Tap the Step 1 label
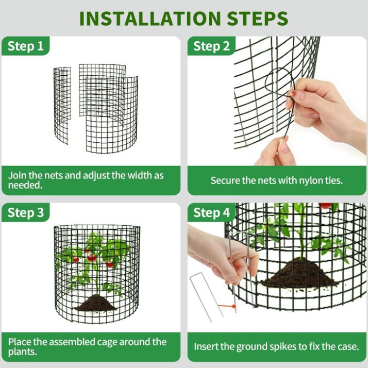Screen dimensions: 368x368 click(x=26, y=46)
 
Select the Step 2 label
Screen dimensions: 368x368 click(x=211, y=46)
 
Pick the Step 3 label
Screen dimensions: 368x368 click(x=26, y=213)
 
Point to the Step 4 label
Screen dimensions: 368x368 click(x=211, y=213)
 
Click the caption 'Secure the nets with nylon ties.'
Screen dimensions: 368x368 click(x=276, y=180)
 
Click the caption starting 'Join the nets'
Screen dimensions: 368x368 click(x=86, y=180)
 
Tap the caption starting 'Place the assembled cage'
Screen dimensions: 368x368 click(x=87, y=346)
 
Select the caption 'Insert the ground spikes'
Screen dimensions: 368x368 click(x=276, y=346)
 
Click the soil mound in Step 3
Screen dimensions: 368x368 click(x=95, y=304)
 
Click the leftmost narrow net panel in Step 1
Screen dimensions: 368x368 click(x=62, y=103)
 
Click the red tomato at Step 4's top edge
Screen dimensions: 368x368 click(x=325, y=206)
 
